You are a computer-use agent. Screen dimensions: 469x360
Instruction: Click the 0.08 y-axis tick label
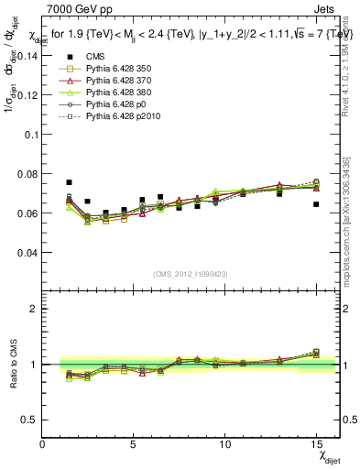point(27,173)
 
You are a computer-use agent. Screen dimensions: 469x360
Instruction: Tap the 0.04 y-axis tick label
point(27,252)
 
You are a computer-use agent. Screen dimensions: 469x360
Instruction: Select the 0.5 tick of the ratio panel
point(29,420)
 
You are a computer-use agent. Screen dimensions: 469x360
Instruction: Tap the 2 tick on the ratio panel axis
point(33,309)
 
